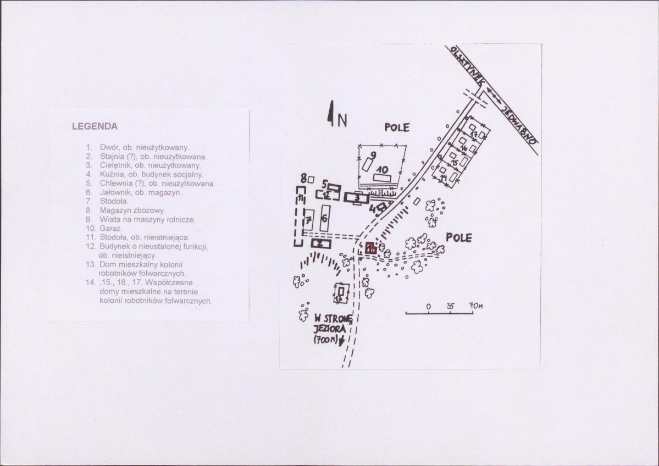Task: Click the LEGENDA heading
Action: click(95, 126)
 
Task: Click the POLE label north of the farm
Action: click(397, 127)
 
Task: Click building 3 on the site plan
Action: click(357, 198)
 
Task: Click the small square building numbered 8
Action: click(311, 179)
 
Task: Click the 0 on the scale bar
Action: click(428, 306)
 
